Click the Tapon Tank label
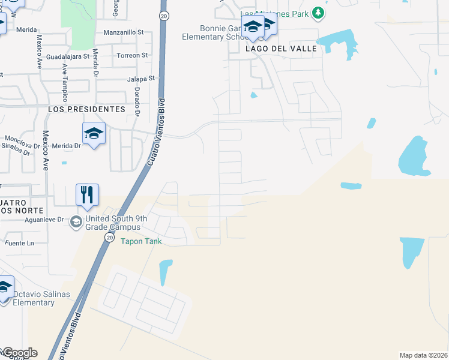tap(142, 241)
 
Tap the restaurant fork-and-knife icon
tap(87, 195)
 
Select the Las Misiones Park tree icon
tap(321, 13)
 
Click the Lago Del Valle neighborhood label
tap(281, 49)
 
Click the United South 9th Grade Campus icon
tap(76, 223)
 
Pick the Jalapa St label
tap(141, 79)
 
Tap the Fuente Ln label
tap(19, 243)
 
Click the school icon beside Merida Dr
tap(94, 133)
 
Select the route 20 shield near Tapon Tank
tap(109, 238)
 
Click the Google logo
tap(19, 353)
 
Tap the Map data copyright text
tap(423, 355)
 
